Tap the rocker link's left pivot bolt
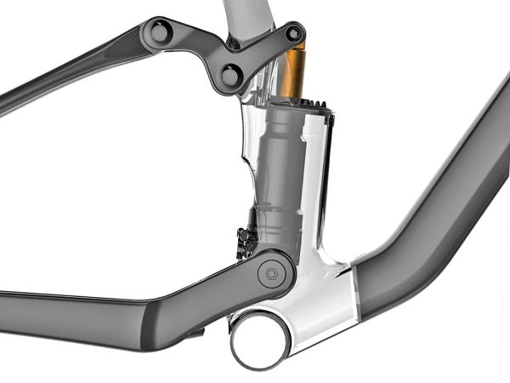[159, 33]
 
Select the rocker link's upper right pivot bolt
[294, 34]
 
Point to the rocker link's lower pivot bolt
[230, 76]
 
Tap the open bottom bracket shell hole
[258, 339]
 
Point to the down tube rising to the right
[442, 213]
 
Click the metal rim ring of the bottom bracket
[235, 340]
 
